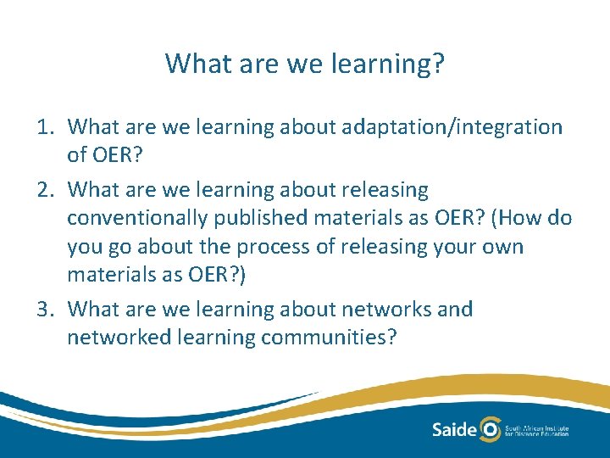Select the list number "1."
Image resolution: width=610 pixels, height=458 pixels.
tap(47, 127)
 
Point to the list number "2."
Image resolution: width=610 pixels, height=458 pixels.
tap(47, 189)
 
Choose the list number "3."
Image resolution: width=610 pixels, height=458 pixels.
tap(47, 309)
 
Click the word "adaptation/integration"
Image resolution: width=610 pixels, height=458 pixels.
tap(453, 127)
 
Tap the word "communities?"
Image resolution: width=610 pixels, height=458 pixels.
tap(329, 338)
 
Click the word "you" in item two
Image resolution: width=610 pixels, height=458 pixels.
tap(83, 247)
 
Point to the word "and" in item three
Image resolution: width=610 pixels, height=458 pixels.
tap(455, 309)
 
